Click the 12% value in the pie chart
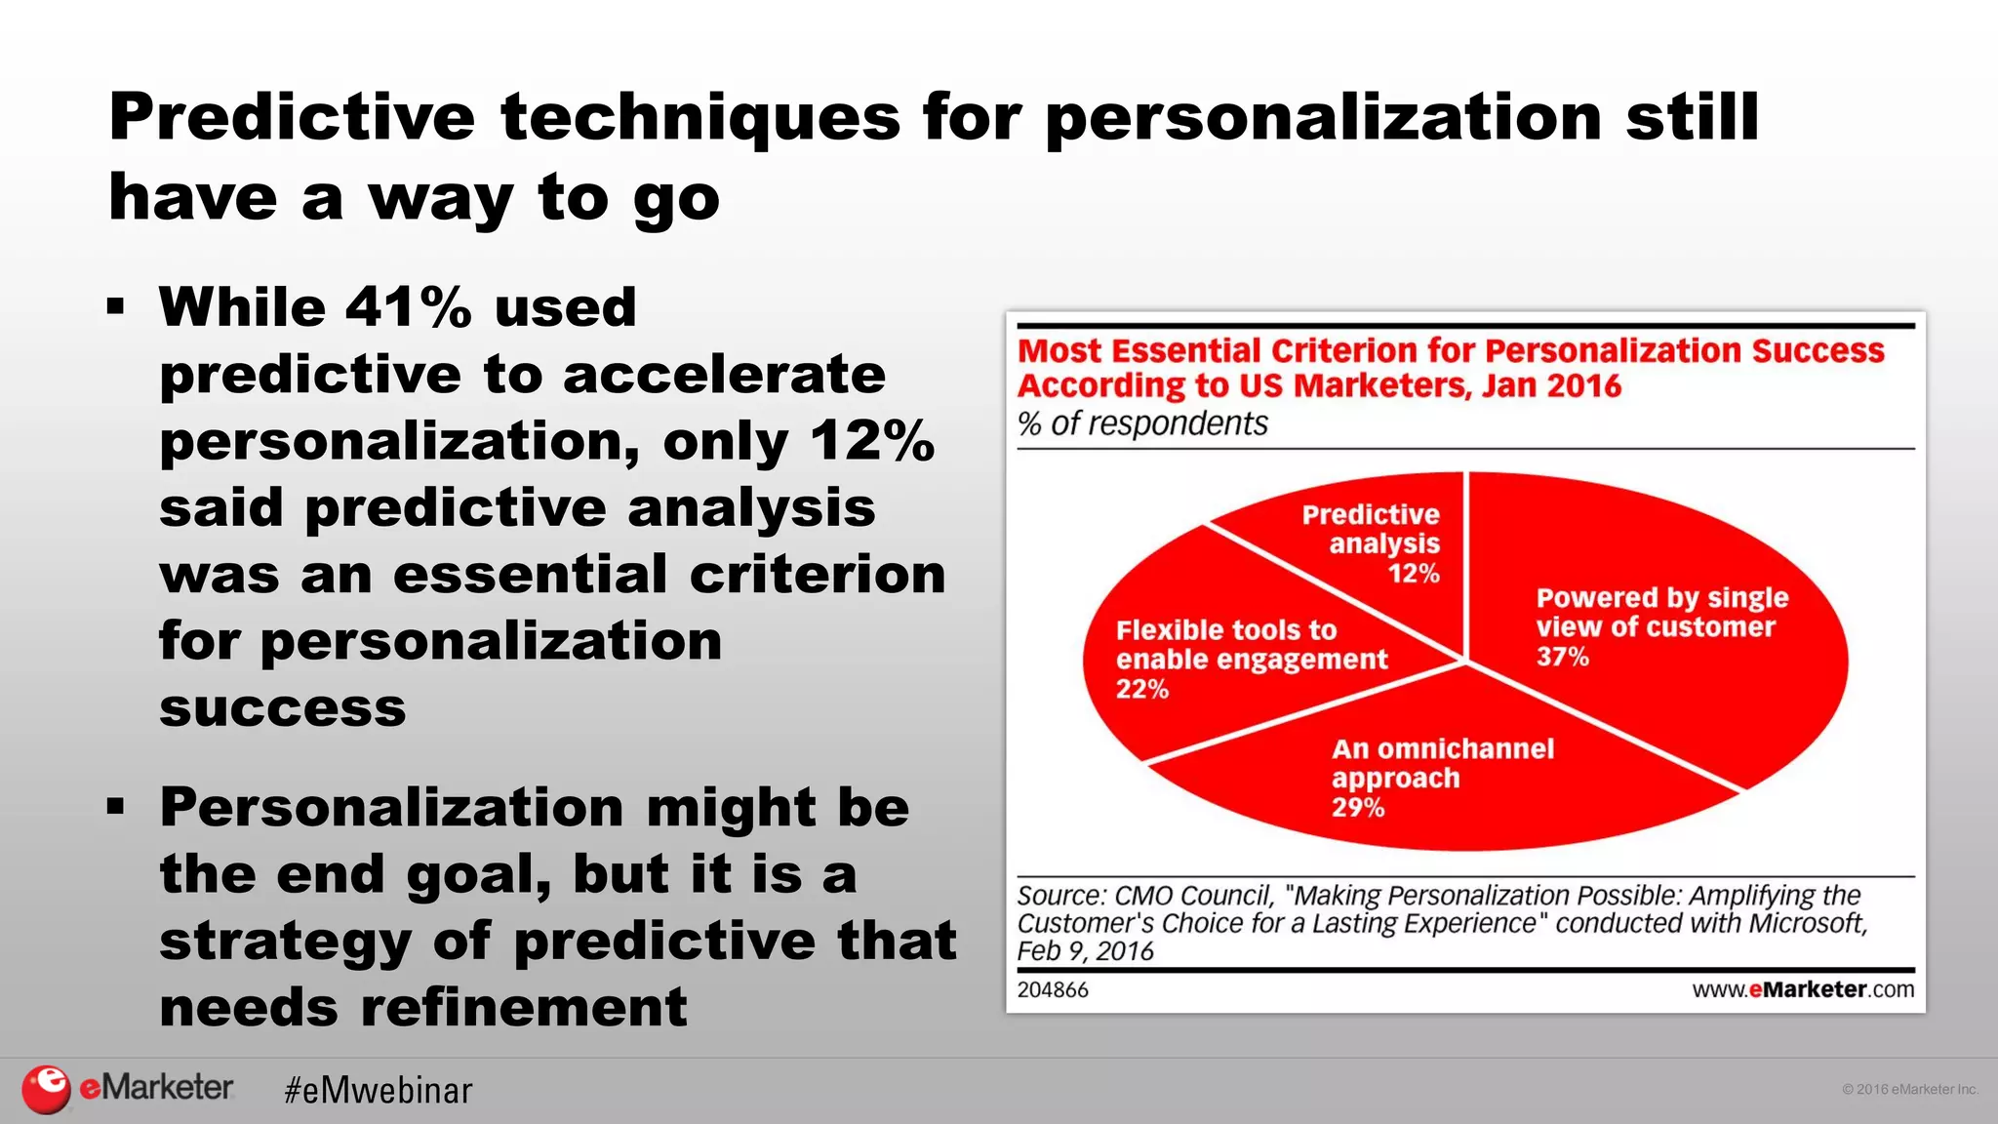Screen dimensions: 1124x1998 pos(1414,574)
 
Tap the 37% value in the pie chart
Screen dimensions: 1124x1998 pos(1562,657)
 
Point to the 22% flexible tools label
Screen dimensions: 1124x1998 pos(1141,690)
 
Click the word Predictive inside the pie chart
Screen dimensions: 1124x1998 pos(1370,514)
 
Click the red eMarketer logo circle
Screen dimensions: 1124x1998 pos(46,1089)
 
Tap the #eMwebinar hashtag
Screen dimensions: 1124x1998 pos(378,1090)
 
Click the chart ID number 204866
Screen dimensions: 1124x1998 pos(1052,989)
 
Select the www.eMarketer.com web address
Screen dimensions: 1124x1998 pos(1802,989)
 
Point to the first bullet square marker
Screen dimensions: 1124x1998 pos(116,307)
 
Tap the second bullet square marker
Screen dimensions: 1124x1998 pos(116,807)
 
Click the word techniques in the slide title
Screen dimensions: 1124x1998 pos(699,117)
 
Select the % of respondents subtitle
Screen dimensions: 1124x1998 pos(1141,423)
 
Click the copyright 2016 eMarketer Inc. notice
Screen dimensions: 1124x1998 pos(1909,1089)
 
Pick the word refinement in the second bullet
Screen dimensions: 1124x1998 pos(523,1007)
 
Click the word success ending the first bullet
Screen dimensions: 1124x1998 pos(282,707)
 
